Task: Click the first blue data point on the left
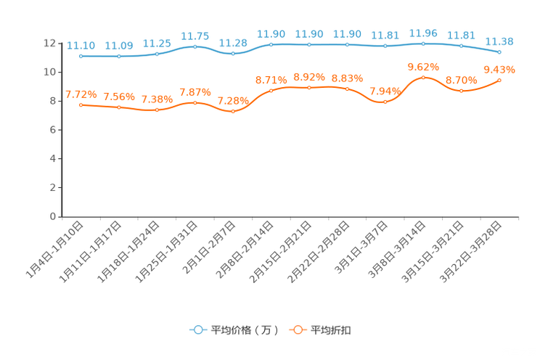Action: pyautogui.click(x=81, y=55)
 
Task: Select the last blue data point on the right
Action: pyautogui.click(x=499, y=52)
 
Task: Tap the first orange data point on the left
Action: pyautogui.click(x=81, y=105)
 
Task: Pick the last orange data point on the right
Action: pyautogui.click(x=499, y=79)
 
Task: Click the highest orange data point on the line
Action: pyautogui.click(x=423, y=76)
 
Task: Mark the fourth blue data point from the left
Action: pyautogui.click(x=195, y=46)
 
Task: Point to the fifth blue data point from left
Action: pyautogui.click(x=233, y=54)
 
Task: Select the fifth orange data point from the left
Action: pyautogui.click(x=233, y=112)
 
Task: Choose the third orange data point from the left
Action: pyautogui.click(x=157, y=110)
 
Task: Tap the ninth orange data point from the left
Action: pyautogui.click(x=385, y=102)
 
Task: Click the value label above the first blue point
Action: pyautogui.click(x=81, y=45)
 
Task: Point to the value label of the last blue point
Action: pyautogui.click(x=499, y=41)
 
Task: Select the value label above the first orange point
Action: pyautogui.click(x=81, y=94)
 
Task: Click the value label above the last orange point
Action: pyautogui.click(x=499, y=69)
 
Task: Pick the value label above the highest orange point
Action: pyautogui.click(x=423, y=66)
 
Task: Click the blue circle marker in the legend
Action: pyautogui.click(x=197, y=330)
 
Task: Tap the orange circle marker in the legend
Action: pyautogui.click(x=296, y=330)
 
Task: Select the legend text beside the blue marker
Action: pyautogui.click(x=245, y=330)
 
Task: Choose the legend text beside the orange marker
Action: pyautogui.click(x=332, y=330)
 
